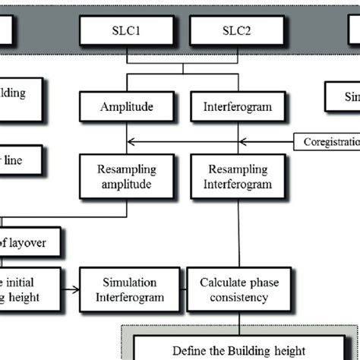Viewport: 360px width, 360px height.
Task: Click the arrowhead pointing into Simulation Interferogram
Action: [x=76, y=289]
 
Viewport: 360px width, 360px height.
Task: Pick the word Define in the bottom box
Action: [x=188, y=351]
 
